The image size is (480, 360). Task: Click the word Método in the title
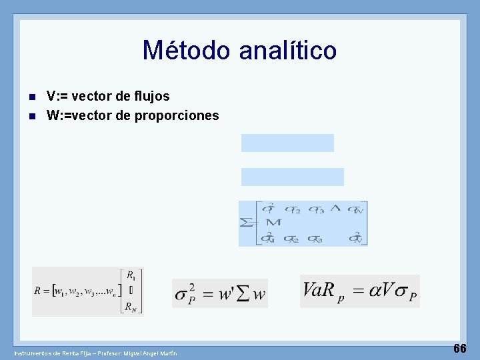[x=185, y=51]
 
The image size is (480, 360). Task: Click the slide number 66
[x=459, y=349]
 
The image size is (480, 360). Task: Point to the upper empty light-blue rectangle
[x=287, y=143]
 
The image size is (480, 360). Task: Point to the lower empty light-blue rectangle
[x=292, y=177]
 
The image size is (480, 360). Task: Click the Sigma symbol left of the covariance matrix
[x=246, y=223]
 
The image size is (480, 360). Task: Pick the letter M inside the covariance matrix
[x=273, y=222]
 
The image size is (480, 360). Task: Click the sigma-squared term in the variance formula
[x=185, y=292]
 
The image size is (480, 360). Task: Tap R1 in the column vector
[x=132, y=275]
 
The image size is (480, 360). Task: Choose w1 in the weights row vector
[x=61, y=291]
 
